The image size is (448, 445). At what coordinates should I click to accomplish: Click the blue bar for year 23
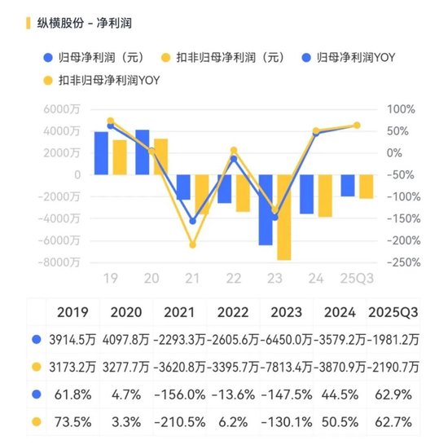pos(266,209)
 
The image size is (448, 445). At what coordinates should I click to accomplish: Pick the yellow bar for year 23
pos(283,217)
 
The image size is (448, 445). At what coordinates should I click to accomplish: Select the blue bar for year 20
pos(143,152)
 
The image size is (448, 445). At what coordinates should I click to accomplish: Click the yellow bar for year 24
pos(325,196)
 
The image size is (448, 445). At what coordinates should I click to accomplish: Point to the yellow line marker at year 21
pos(193,245)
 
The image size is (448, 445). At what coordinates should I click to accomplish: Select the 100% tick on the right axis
pos(400,109)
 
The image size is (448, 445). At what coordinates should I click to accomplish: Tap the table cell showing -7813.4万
pos(286,367)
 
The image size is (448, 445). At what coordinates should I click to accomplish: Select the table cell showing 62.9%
pos(394,395)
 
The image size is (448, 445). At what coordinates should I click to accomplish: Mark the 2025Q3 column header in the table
pos(394,311)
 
